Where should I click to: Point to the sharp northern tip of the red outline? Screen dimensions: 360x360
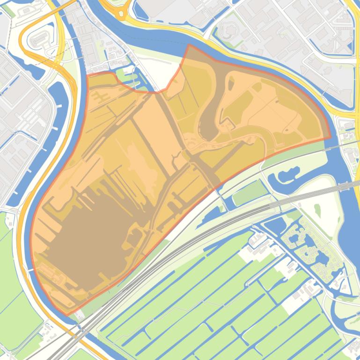[x=188, y=45]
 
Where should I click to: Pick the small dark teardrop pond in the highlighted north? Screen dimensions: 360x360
[x=230, y=81]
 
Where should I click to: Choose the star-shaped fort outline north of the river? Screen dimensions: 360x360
[x=227, y=31]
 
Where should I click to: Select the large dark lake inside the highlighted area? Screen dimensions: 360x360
[x=89, y=234]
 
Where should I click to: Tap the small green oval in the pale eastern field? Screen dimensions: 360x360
[x=318, y=211]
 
